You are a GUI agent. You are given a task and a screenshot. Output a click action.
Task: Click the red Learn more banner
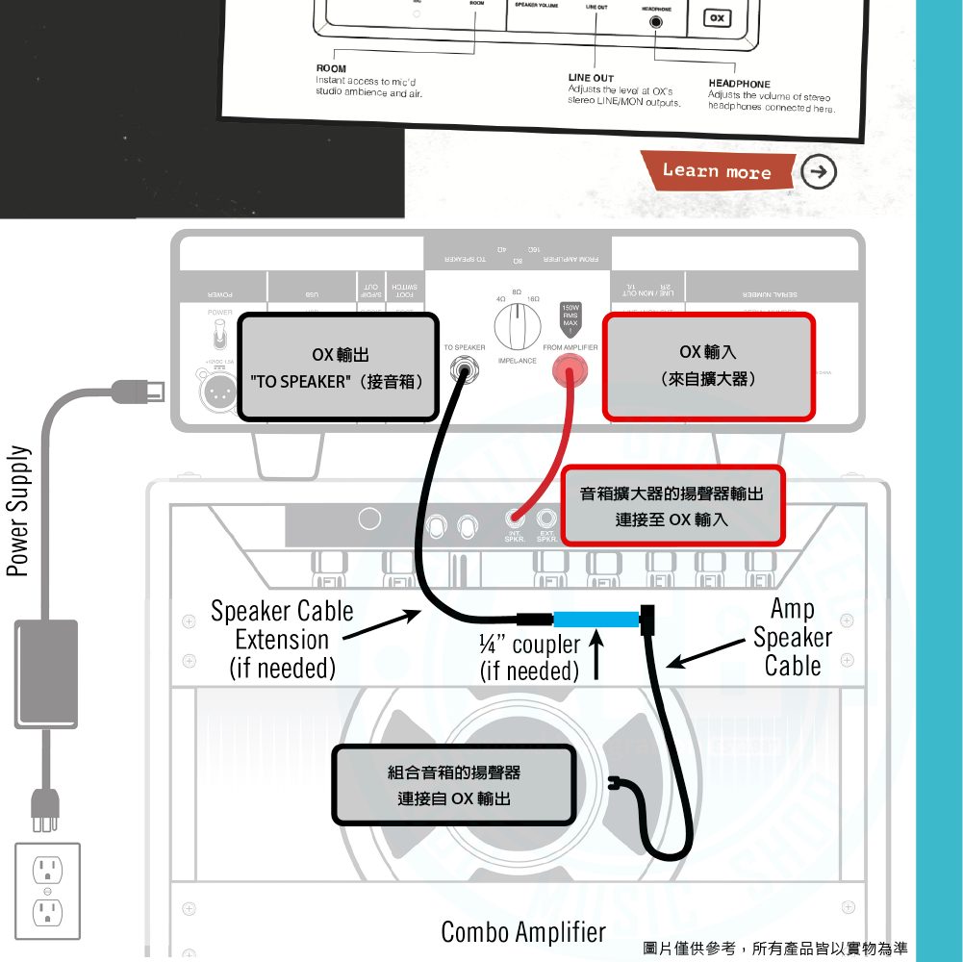pyautogui.click(x=717, y=171)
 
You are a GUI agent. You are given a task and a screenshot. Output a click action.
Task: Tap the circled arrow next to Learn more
pyautogui.click(x=818, y=172)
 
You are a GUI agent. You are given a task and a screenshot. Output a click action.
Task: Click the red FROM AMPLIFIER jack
pyautogui.click(x=570, y=368)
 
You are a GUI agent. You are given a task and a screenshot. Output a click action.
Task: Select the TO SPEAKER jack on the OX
pyautogui.click(x=464, y=368)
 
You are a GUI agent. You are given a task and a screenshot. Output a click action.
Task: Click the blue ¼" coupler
pyautogui.click(x=597, y=619)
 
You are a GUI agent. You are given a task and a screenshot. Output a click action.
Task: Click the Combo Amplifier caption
pyautogui.click(x=523, y=931)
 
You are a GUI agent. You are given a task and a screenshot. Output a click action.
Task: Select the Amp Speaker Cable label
pyautogui.click(x=793, y=637)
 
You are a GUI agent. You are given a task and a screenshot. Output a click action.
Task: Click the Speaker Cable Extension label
pyautogui.click(x=282, y=640)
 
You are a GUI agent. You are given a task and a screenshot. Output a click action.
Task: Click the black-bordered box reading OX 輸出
pyautogui.click(x=339, y=367)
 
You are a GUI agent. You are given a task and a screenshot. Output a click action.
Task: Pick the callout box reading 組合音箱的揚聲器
pyautogui.click(x=453, y=785)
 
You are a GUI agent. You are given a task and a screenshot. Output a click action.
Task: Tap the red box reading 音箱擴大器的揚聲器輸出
pyautogui.click(x=672, y=506)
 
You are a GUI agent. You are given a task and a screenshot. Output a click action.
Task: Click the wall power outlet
pyautogui.click(x=47, y=891)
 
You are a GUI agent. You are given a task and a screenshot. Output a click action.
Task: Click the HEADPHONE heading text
pyautogui.click(x=739, y=84)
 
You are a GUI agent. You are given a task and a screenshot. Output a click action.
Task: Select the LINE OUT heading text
pyautogui.click(x=591, y=78)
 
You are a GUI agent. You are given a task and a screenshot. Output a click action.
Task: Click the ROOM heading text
pyautogui.click(x=331, y=69)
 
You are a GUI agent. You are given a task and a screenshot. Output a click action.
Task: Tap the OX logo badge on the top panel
pyautogui.click(x=717, y=18)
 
